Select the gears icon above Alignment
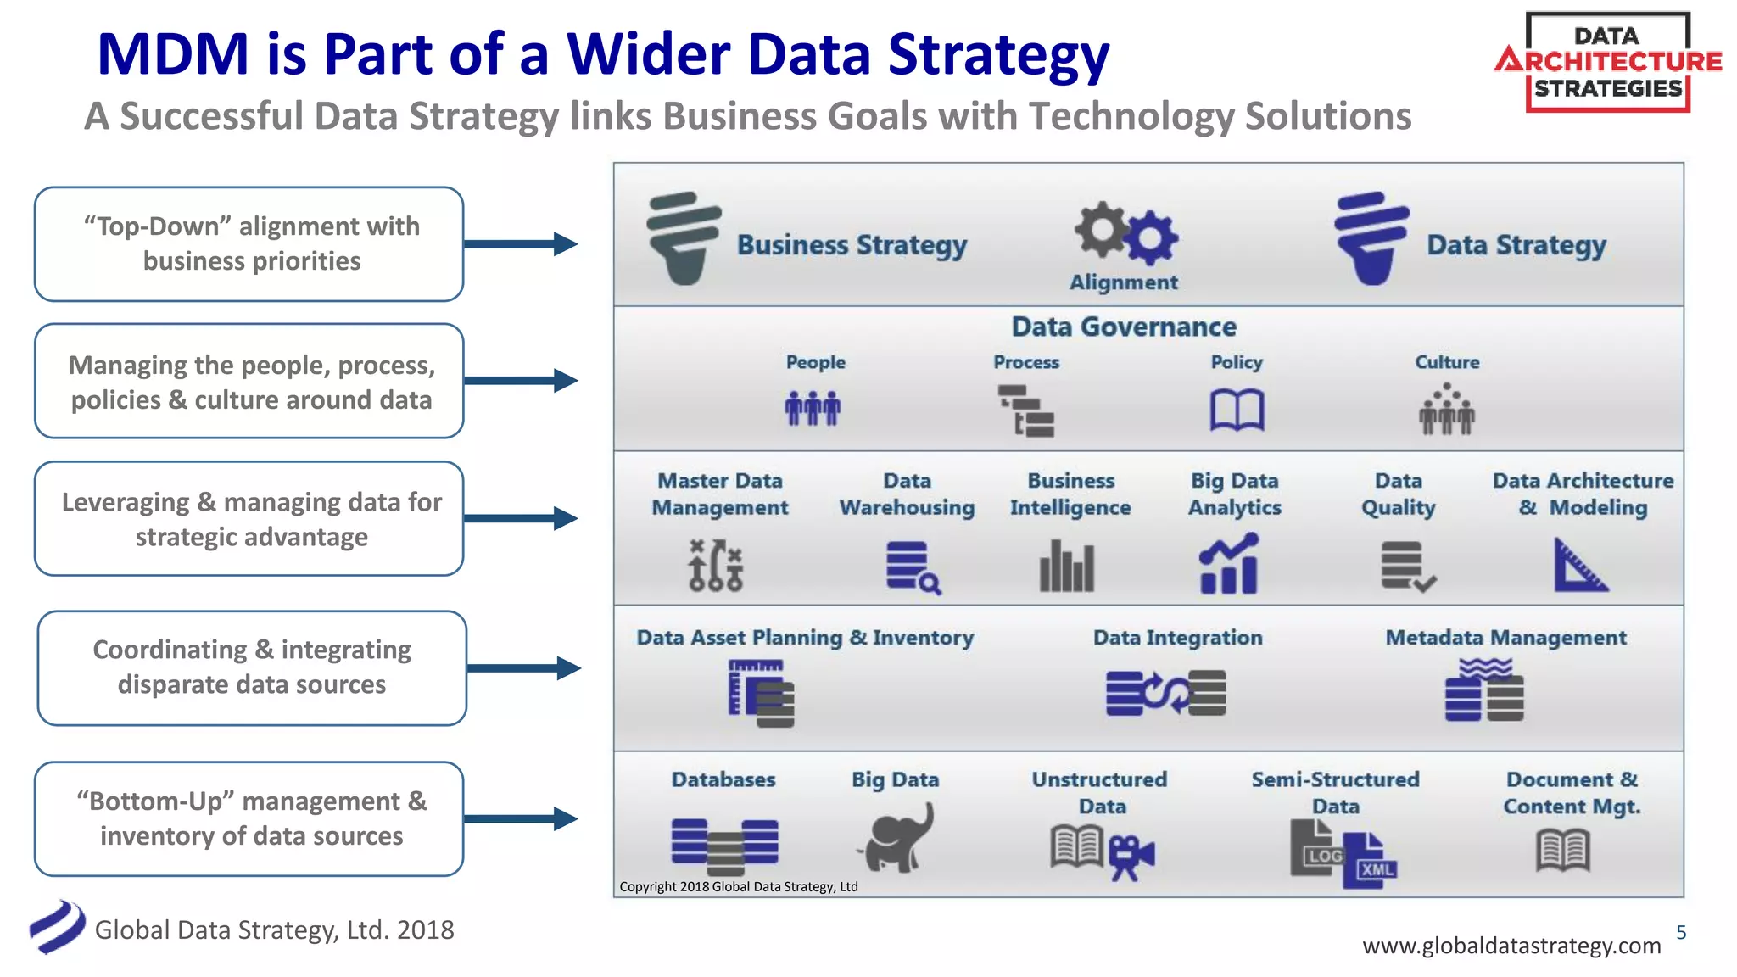[1125, 232]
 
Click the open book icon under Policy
[1237, 410]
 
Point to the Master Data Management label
[719, 494]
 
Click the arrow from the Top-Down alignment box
[521, 244]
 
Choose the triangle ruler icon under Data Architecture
[1579, 566]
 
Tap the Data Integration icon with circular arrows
[1165, 693]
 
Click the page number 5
[1681, 933]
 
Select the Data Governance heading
[1124, 327]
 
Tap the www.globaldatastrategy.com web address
[1511, 946]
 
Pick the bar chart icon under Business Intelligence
[1067, 566]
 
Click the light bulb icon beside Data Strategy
[1371, 238]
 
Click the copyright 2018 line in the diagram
[738, 887]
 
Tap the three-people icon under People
[813, 409]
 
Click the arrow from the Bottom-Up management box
[521, 819]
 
